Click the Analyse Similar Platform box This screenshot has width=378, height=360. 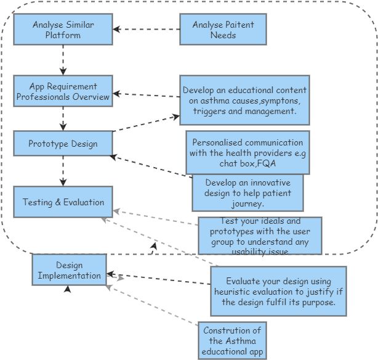(x=63, y=30)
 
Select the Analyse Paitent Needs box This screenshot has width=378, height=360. (x=223, y=30)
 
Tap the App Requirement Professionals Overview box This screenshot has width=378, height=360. (x=63, y=91)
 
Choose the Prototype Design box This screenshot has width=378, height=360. (x=63, y=144)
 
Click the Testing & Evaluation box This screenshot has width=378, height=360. (x=63, y=202)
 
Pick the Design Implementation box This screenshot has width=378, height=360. (x=69, y=270)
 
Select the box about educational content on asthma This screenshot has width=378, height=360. (x=244, y=100)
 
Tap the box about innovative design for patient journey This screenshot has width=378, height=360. (x=247, y=193)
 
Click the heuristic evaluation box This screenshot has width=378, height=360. (x=278, y=290)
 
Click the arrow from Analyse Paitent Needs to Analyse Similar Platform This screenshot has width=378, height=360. (x=146, y=29)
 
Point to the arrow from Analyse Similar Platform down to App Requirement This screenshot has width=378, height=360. (x=63, y=60)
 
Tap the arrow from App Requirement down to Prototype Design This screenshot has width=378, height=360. (x=63, y=117)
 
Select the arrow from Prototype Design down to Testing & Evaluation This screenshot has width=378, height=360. (x=63, y=171)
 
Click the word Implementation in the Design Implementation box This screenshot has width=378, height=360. (x=70, y=276)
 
